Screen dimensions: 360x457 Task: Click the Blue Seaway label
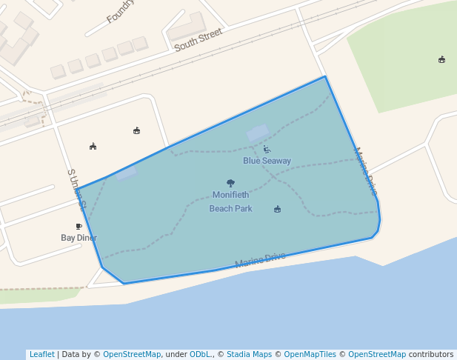pyautogui.click(x=267, y=161)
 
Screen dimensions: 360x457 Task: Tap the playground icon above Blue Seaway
pyautogui.click(x=267, y=150)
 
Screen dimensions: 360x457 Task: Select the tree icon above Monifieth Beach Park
pyautogui.click(x=230, y=183)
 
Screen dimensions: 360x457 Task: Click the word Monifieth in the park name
pyautogui.click(x=230, y=195)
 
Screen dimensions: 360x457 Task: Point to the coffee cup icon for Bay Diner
pyautogui.click(x=79, y=227)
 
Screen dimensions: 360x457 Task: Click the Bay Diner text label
pyautogui.click(x=79, y=238)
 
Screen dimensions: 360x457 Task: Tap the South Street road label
pyautogui.click(x=198, y=40)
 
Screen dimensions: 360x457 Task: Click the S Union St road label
pyautogui.click(x=76, y=189)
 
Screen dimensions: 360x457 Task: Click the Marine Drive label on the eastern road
pyautogui.click(x=365, y=171)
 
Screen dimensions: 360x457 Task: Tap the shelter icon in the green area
pyautogui.click(x=442, y=59)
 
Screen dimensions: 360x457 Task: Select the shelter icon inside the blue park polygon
pyautogui.click(x=277, y=209)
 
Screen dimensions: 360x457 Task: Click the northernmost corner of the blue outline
pyautogui.click(x=324, y=76)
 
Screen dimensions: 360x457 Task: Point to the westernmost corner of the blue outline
pyautogui.click(x=78, y=189)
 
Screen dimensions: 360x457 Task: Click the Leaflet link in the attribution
pyautogui.click(x=41, y=354)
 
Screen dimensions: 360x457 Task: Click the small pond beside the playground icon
pyautogui.click(x=258, y=133)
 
